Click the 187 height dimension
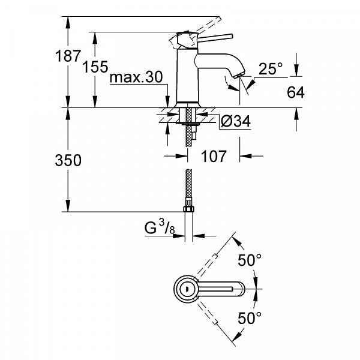68,56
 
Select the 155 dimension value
95,67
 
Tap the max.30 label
136,77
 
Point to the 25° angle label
271,68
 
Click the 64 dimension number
296,92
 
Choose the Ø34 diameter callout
236,121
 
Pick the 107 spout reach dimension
214,157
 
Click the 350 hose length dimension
68,160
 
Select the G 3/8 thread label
160,227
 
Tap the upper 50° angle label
250,260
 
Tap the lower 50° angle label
250,318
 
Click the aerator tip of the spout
239,75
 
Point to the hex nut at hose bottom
189,209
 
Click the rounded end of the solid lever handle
232,36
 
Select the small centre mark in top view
187,289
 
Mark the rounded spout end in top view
242,289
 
